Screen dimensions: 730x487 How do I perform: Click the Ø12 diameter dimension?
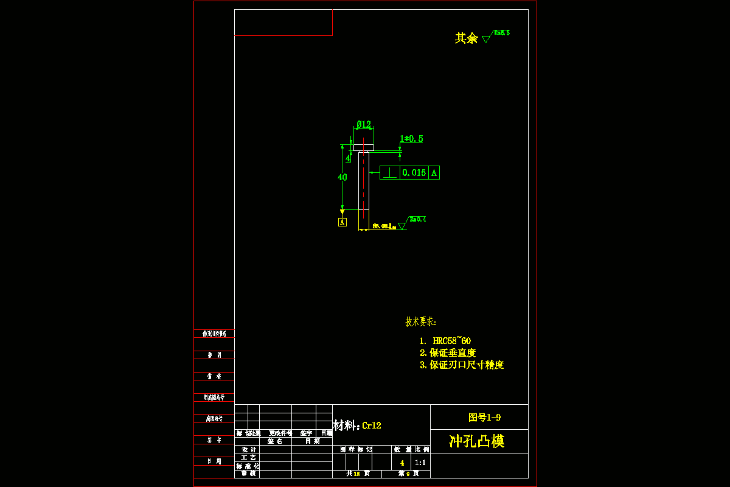pos(364,124)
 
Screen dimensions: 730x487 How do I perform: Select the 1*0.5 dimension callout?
pos(411,139)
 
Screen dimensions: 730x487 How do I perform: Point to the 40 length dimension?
pos(342,177)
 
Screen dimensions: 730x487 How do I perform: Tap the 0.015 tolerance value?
pos(414,173)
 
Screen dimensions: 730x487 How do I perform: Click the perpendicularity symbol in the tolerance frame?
pos(390,173)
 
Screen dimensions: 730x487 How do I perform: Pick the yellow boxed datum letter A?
pos(342,222)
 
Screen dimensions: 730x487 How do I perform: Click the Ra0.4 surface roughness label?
pos(418,219)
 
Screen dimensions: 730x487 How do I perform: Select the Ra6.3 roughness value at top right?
pos(502,33)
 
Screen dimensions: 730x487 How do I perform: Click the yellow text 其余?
pos(467,38)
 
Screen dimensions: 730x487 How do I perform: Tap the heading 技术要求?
pos(421,322)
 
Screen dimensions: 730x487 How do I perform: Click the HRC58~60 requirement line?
pos(445,341)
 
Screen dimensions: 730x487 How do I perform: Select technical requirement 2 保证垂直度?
pos(448,353)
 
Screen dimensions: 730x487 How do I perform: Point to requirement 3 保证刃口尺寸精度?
pos(462,365)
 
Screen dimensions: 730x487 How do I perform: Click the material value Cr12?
pos(372,426)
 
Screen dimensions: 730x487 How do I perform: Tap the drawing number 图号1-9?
pos(485,418)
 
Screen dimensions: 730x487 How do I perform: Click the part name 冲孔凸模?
pos(477,441)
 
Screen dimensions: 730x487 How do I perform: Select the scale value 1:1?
pos(420,463)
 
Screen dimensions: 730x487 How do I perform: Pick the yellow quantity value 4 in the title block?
pos(402,463)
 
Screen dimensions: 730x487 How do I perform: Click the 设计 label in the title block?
pos(248,449)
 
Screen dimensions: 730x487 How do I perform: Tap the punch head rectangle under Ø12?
pos(364,147)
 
